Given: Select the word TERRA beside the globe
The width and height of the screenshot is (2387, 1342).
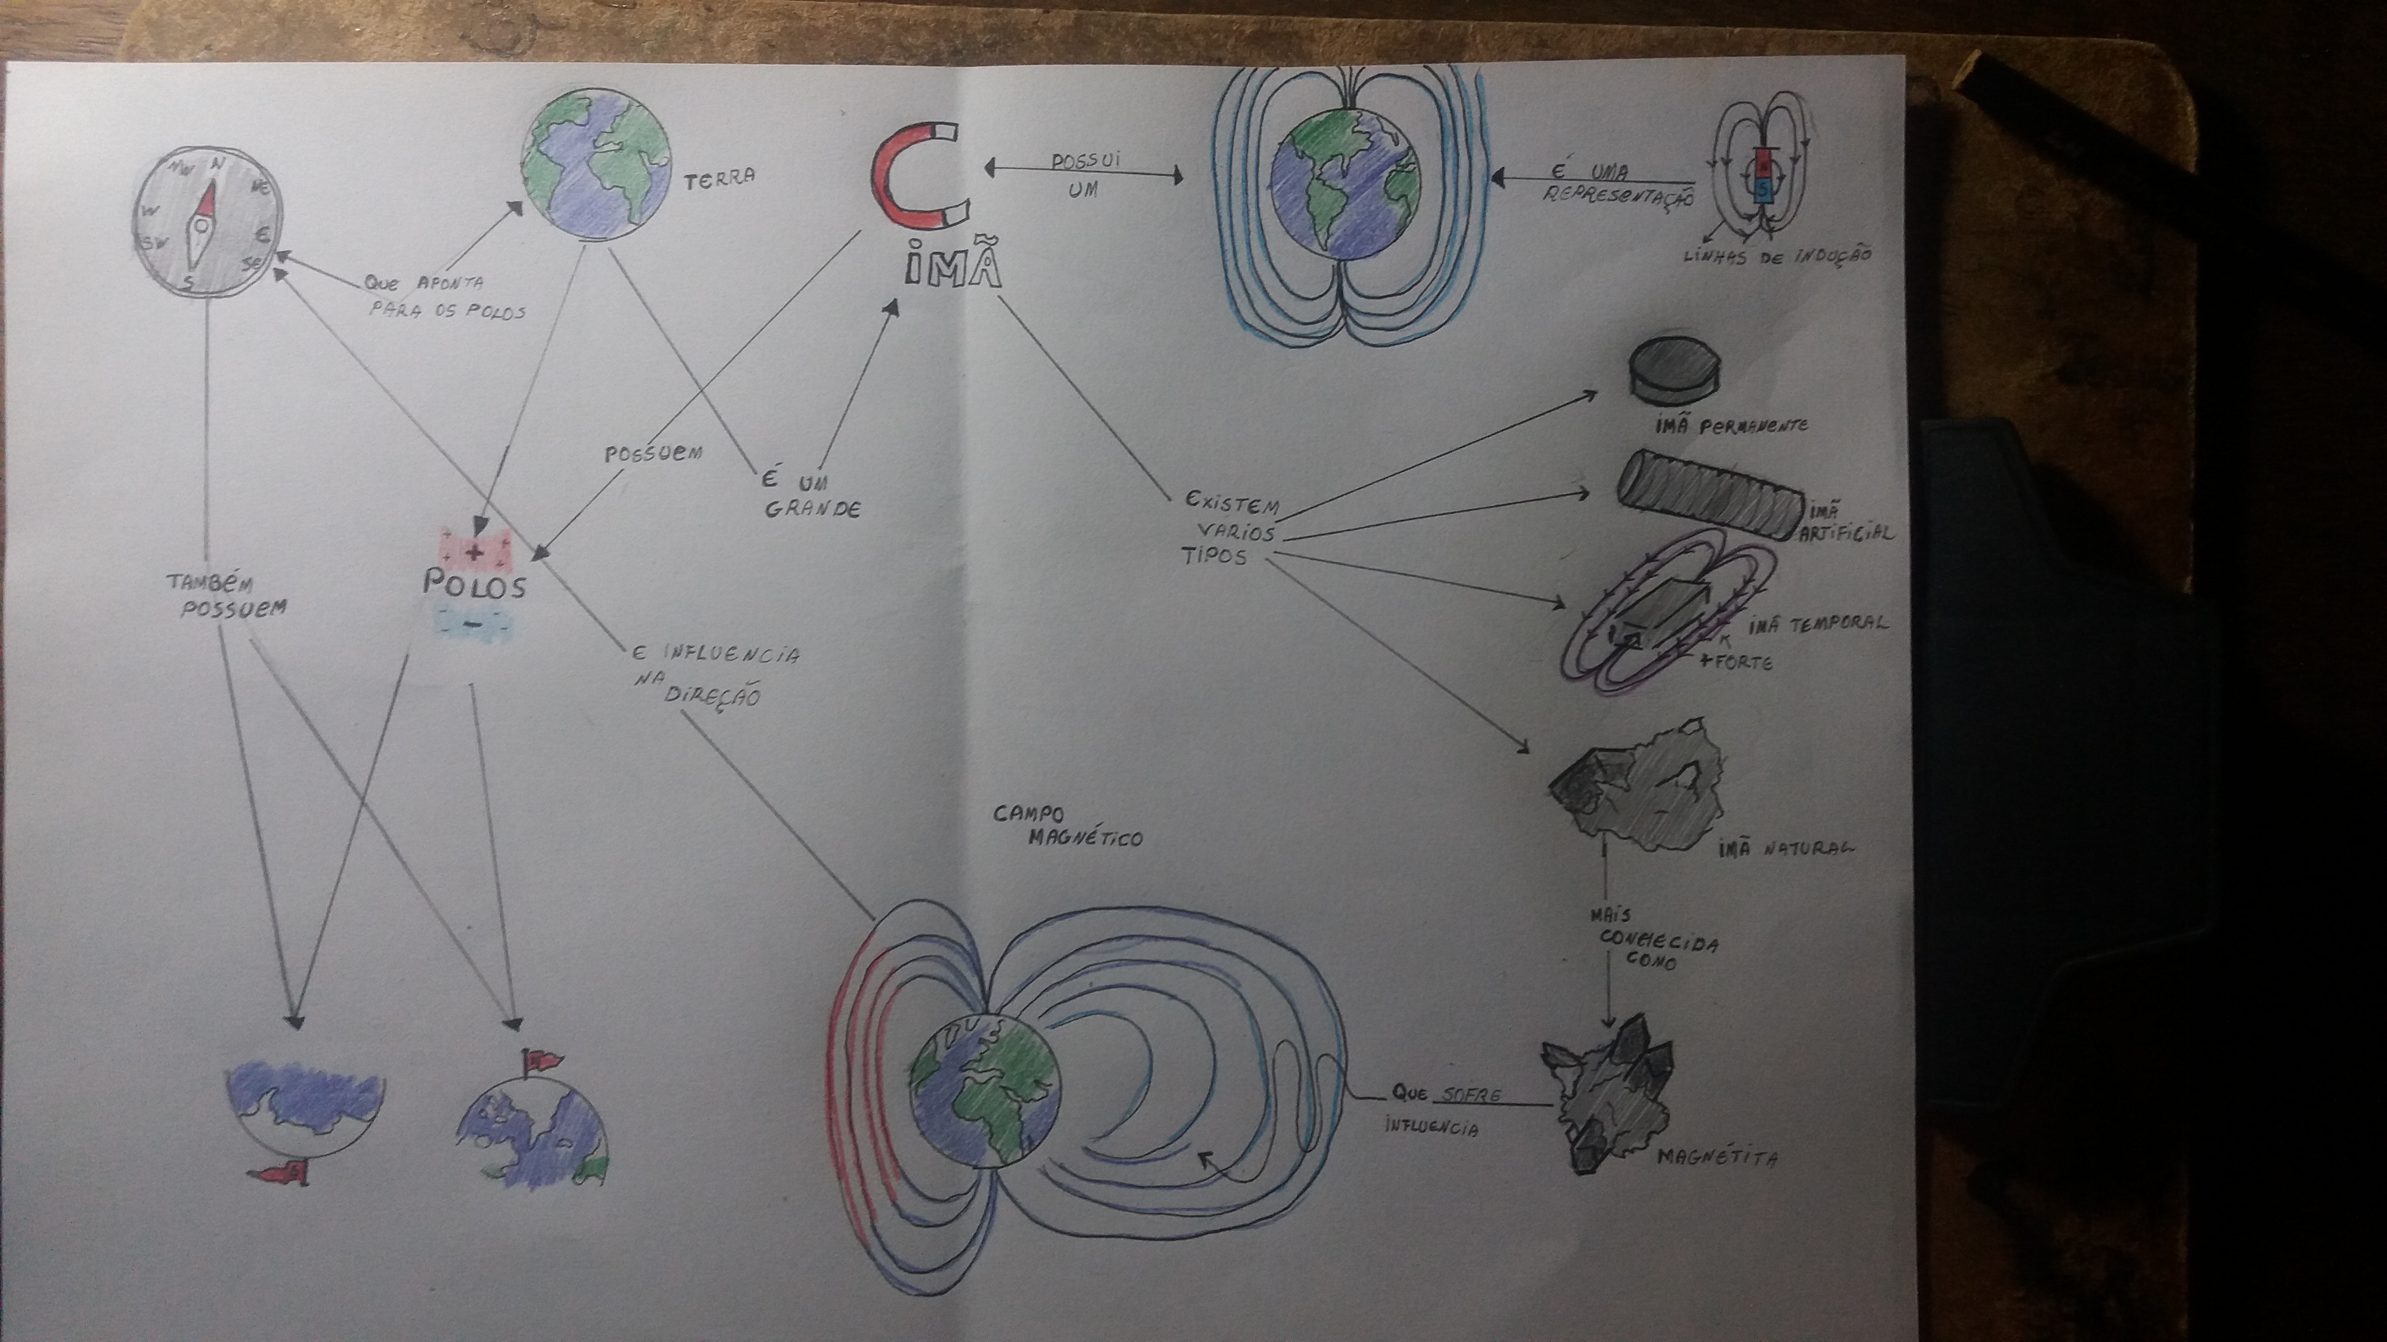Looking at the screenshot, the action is click(719, 178).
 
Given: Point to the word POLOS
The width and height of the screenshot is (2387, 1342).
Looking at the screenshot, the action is click(474, 585).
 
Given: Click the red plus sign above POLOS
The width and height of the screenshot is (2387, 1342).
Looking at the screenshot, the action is click(474, 553).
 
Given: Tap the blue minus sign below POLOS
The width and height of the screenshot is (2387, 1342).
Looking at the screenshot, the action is click(472, 624).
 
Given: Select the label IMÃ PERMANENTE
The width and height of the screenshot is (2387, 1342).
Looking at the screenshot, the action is click(1729, 426).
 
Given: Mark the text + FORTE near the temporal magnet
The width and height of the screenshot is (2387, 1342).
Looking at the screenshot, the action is click(1735, 662).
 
